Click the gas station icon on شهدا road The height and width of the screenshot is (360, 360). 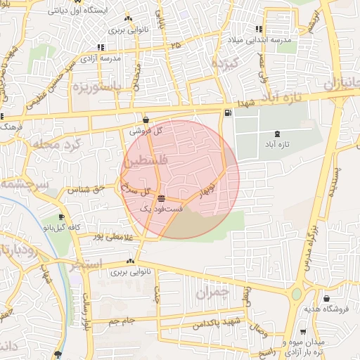point(227,113)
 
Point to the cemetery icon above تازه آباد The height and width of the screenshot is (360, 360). point(276,133)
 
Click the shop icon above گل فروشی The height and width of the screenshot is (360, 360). point(146,120)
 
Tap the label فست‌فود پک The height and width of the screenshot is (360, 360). point(162,209)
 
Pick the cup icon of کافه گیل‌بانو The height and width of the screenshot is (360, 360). point(61,217)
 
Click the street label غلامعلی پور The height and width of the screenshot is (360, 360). point(98,236)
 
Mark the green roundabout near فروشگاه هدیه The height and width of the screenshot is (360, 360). point(297,294)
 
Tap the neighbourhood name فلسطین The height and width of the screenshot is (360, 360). point(145,162)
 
